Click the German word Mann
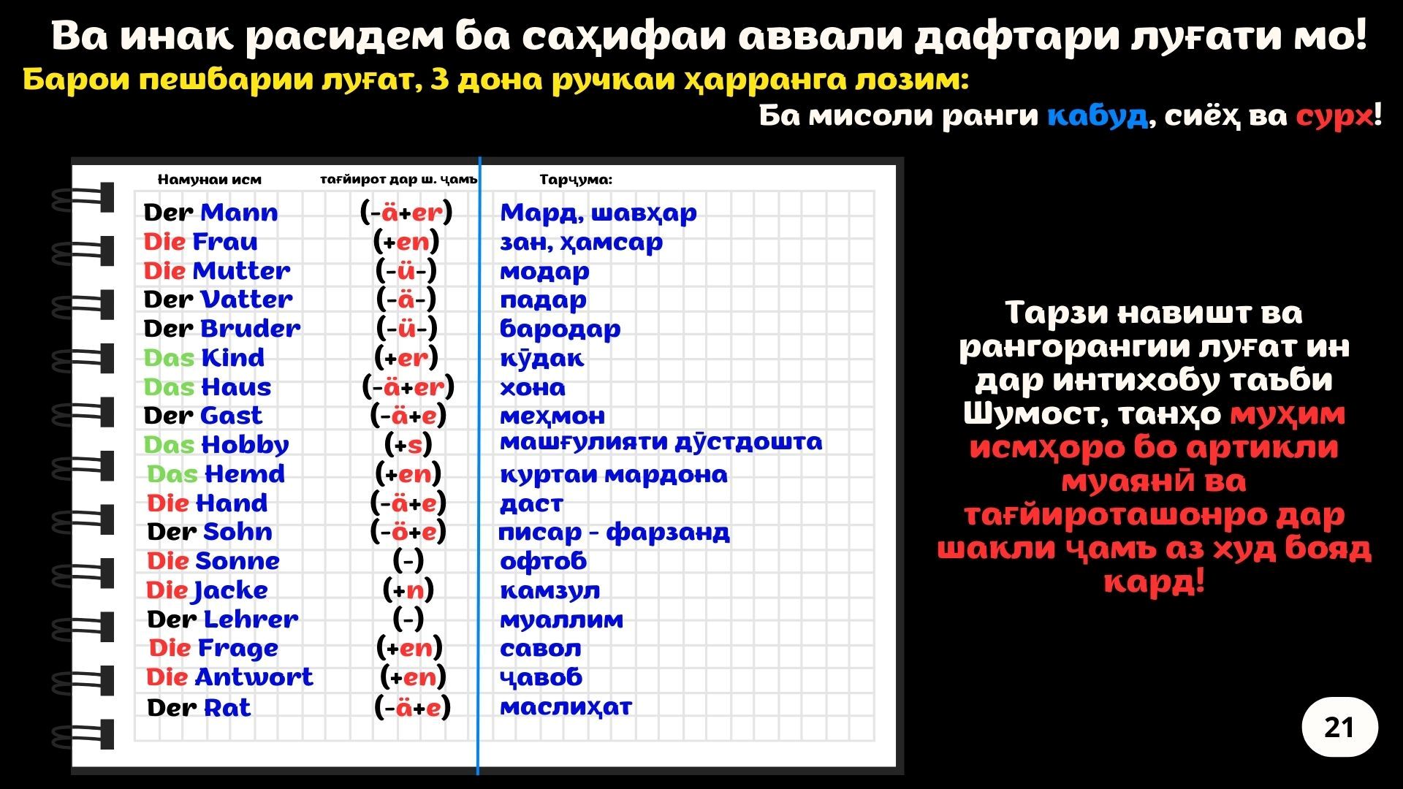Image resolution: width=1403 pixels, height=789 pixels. [x=239, y=213]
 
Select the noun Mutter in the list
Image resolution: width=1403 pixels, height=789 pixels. [x=241, y=271]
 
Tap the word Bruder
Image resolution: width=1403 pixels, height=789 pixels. [x=251, y=329]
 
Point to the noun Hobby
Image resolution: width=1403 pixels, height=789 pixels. [x=246, y=445]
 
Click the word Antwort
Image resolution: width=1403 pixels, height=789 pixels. [x=254, y=677]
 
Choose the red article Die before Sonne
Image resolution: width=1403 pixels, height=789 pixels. [x=169, y=561]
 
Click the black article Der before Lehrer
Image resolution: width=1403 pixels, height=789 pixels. [x=172, y=620]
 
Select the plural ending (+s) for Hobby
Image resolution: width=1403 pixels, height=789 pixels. [x=408, y=445]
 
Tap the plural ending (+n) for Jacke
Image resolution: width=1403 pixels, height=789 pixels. [x=408, y=590]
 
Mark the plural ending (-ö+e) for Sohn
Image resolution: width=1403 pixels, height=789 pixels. [x=408, y=532]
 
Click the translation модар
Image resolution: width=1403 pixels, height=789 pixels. [x=544, y=272]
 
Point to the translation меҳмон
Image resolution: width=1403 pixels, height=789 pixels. [x=552, y=416]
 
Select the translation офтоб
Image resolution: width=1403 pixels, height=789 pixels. [x=543, y=561]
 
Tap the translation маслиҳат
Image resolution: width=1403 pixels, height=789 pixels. [x=566, y=707]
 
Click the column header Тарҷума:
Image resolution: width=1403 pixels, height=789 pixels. [x=576, y=180]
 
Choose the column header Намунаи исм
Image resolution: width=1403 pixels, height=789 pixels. [x=209, y=180]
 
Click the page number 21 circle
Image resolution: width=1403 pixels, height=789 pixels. [x=1339, y=727]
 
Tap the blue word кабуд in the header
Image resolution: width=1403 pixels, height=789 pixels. [x=1098, y=115]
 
